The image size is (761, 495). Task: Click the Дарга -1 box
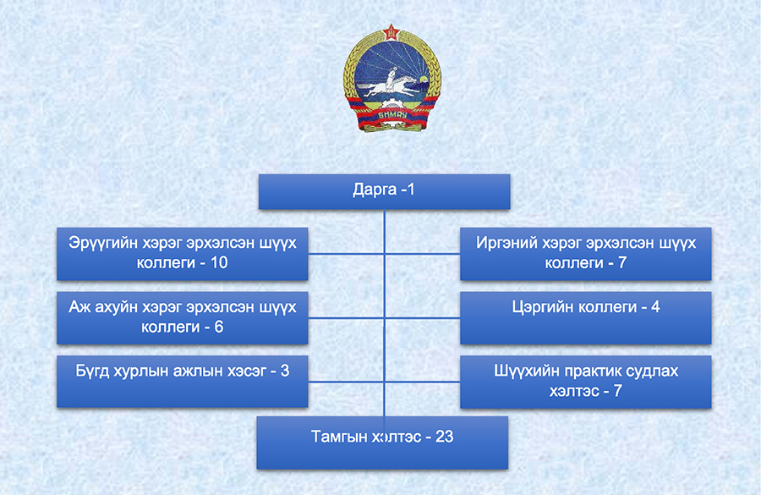click(384, 192)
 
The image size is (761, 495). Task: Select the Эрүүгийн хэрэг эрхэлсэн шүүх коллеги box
click(183, 254)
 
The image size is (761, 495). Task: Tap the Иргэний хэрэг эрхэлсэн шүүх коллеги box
click(586, 254)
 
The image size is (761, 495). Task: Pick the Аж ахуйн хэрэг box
click(183, 318)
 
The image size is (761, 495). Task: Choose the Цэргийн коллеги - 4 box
click(586, 318)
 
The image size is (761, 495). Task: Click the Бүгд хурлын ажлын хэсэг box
click(183, 382)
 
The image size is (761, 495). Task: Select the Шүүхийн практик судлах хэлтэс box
click(586, 382)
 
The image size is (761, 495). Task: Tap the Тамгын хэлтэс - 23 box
click(382, 443)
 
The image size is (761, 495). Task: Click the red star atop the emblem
click(391, 32)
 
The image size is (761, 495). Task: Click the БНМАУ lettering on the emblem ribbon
click(391, 115)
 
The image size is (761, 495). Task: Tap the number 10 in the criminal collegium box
click(219, 263)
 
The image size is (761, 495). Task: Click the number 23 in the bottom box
click(444, 437)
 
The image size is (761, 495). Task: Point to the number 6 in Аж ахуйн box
click(219, 327)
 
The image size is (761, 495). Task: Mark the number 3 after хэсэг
click(285, 371)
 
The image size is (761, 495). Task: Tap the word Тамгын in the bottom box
click(339, 437)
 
